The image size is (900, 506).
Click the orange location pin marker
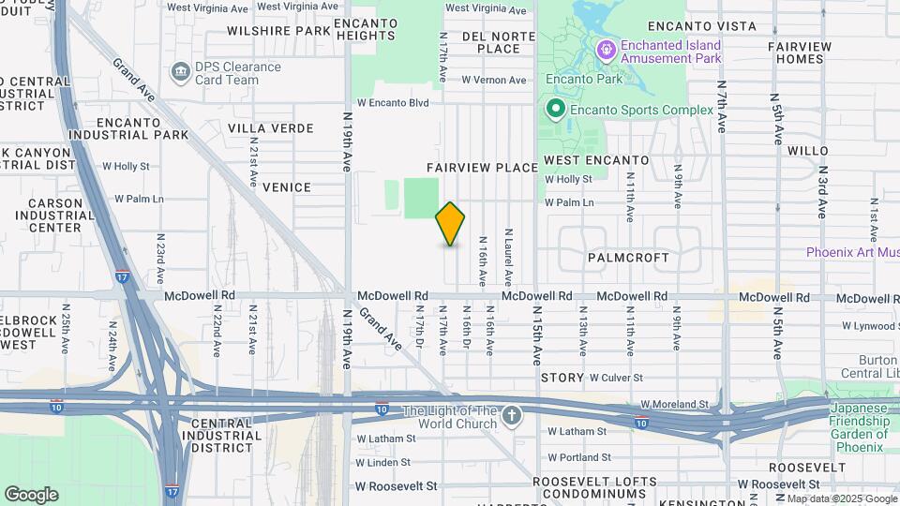click(450, 224)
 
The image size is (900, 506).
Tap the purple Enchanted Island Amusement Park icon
click(607, 47)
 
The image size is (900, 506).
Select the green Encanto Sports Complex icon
click(556, 110)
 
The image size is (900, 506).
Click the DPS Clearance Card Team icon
click(179, 72)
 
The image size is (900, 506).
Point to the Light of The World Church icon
click(511, 415)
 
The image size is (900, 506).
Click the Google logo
click(31, 495)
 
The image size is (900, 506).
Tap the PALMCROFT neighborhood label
click(628, 257)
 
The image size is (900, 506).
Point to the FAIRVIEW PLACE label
click(482, 168)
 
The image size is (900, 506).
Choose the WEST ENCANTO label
click(596, 160)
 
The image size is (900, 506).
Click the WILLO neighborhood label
click(807, 150)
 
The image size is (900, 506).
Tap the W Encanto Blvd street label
click(393, 103)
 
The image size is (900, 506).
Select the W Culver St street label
click(616, 377)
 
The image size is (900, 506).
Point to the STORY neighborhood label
click(562, 377)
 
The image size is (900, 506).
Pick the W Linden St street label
click(385, 463)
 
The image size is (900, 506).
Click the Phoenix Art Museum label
click(852, 252)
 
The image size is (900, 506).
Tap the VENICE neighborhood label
click(286, 187)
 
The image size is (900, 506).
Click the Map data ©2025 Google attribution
click(841, 499)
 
